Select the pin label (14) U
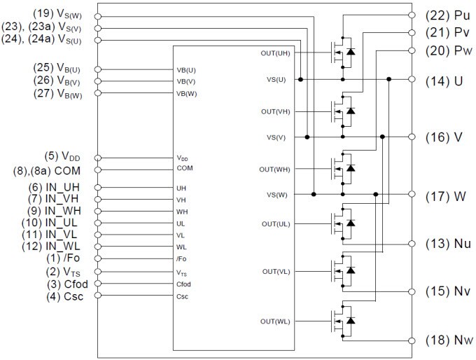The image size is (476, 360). click(444, 81)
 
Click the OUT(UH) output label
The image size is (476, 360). click(274, 53)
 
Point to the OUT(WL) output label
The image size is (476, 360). click(274, 321)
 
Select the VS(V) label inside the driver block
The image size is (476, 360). click(276, 137)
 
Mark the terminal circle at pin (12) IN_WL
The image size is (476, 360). click(98, 247)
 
